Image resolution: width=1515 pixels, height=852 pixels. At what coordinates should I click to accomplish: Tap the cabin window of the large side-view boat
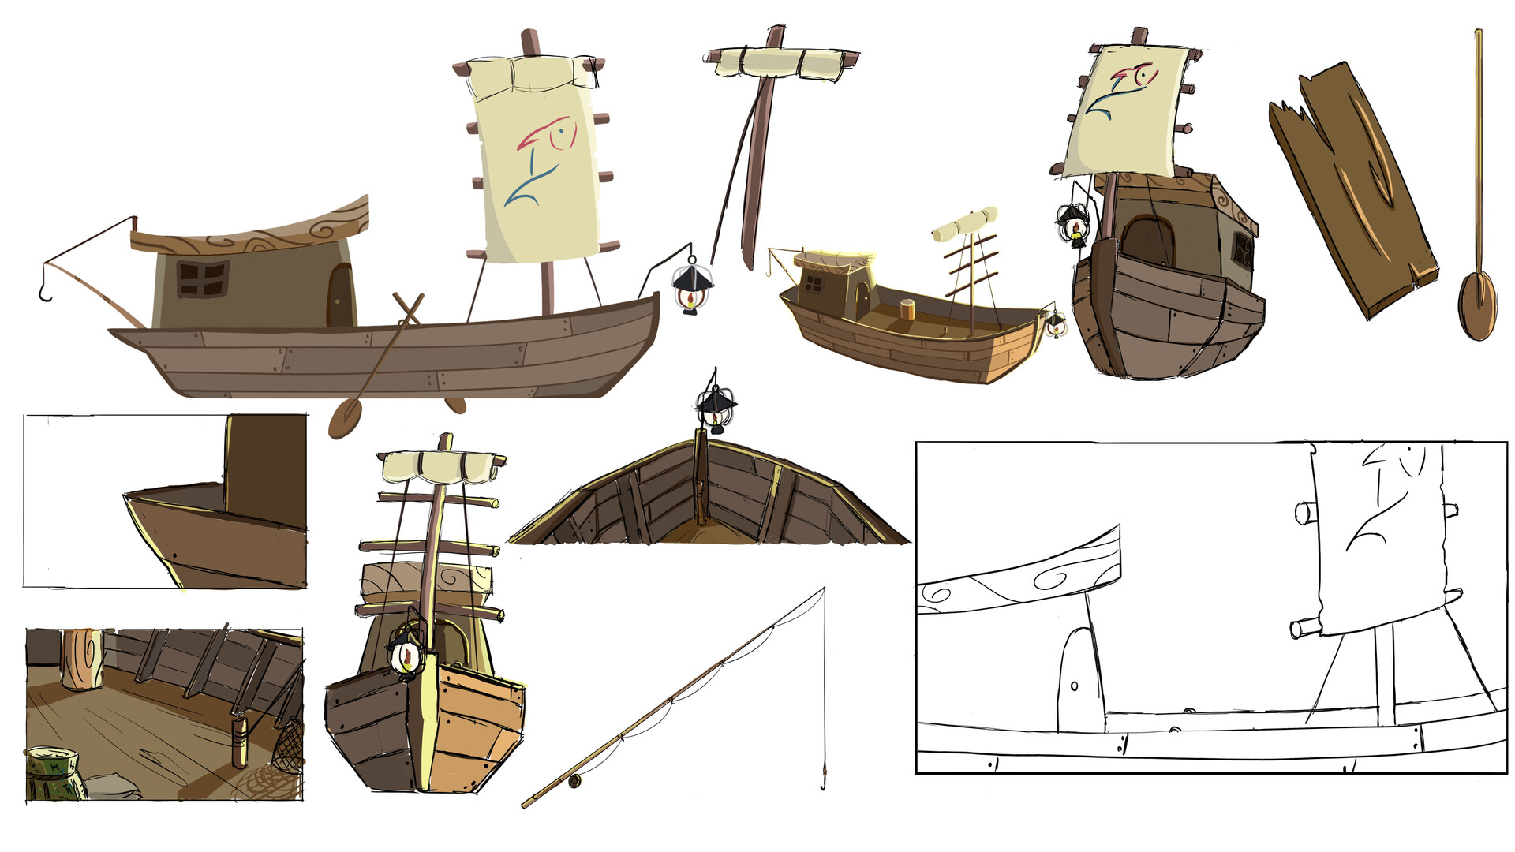[x=203, y=278]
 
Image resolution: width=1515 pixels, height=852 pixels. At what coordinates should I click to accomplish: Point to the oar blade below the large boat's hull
[x=344, y=419]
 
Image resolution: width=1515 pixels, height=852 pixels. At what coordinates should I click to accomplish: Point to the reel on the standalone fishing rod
[x=574, y=781]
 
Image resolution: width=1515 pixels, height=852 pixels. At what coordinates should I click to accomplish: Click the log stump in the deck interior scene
[x=83, y=660]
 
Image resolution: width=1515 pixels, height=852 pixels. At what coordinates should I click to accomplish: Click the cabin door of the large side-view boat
[x=340, y=294]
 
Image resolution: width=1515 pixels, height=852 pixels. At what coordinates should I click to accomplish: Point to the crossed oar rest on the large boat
[x=408, y=308]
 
